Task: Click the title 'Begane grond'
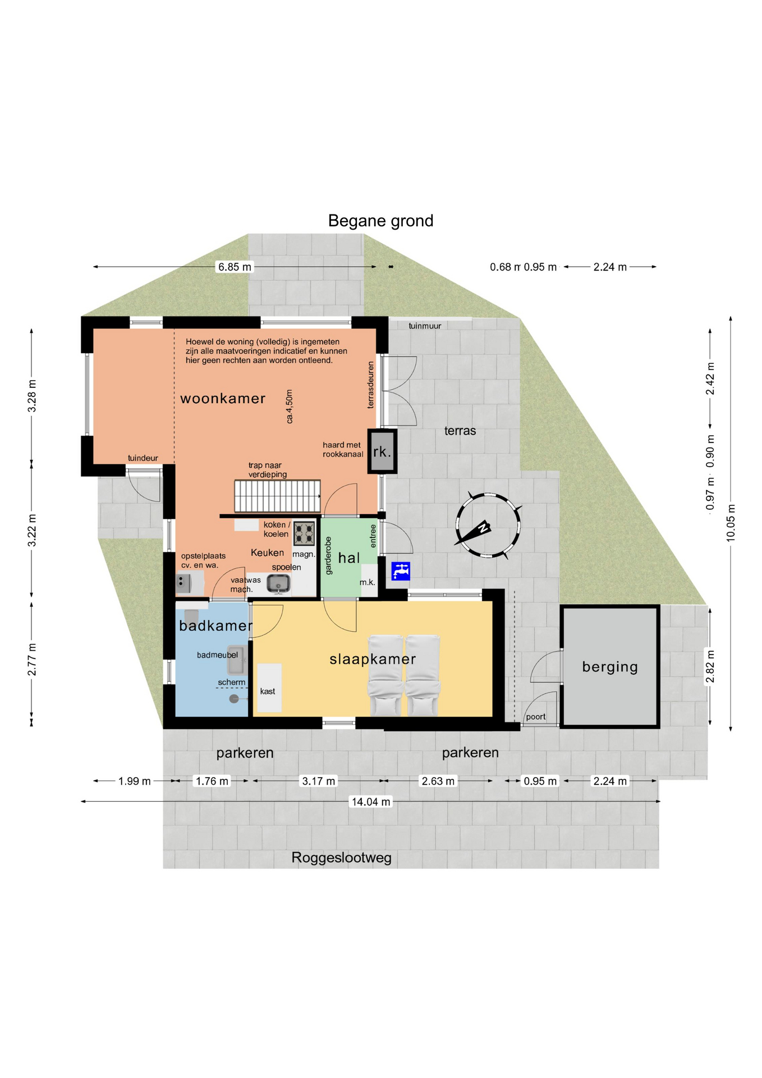[380, 221]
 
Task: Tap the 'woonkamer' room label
[223, 398]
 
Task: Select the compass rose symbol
[487, 526]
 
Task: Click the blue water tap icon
[401, 571]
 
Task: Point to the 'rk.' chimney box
[382, 451]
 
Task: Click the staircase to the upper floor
[277, 496]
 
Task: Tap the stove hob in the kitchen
[304, 533]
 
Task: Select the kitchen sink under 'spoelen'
[278, 584]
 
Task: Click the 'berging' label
[610, 666]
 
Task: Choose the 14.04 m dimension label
[370, 802]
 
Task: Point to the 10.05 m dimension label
[731, 523]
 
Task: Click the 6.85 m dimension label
[235, 267]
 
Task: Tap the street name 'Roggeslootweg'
[341, 857]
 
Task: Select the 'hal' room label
[348, 558]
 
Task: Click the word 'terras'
[460, 431]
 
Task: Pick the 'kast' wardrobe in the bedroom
[269, 688]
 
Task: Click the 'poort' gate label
[536, 717]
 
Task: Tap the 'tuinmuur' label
[425, 326]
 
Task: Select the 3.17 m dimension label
[318, 781]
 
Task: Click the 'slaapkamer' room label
[373, 659]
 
